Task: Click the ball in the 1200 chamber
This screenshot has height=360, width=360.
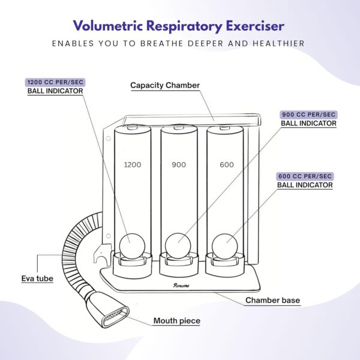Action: point(132,246)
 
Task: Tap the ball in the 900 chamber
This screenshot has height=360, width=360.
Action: point(178,246)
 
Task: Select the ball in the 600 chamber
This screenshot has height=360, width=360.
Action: point(225,247)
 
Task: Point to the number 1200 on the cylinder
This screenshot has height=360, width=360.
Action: point(133,164)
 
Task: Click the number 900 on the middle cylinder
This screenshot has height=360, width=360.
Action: point(179,164)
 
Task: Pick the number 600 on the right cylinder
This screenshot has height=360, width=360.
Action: point(227,164)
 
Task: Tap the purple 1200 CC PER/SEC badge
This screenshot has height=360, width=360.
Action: point(55,82)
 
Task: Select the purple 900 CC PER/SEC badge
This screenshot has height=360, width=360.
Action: point(308,115)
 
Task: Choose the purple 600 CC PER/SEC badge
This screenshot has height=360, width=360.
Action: point(305,176)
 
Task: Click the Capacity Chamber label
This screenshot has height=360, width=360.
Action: point(165,85)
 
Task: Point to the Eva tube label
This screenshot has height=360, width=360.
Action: point(37,278)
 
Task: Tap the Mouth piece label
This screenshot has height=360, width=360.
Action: point(177,321)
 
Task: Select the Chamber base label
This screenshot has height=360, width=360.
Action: point(273,300)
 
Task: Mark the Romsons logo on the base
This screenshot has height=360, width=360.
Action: point(181,286)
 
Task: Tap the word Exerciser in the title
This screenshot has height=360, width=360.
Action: point(256,26)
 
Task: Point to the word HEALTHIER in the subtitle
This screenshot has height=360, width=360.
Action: point(279,43)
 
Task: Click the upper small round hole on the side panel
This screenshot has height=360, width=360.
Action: point(109,139)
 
